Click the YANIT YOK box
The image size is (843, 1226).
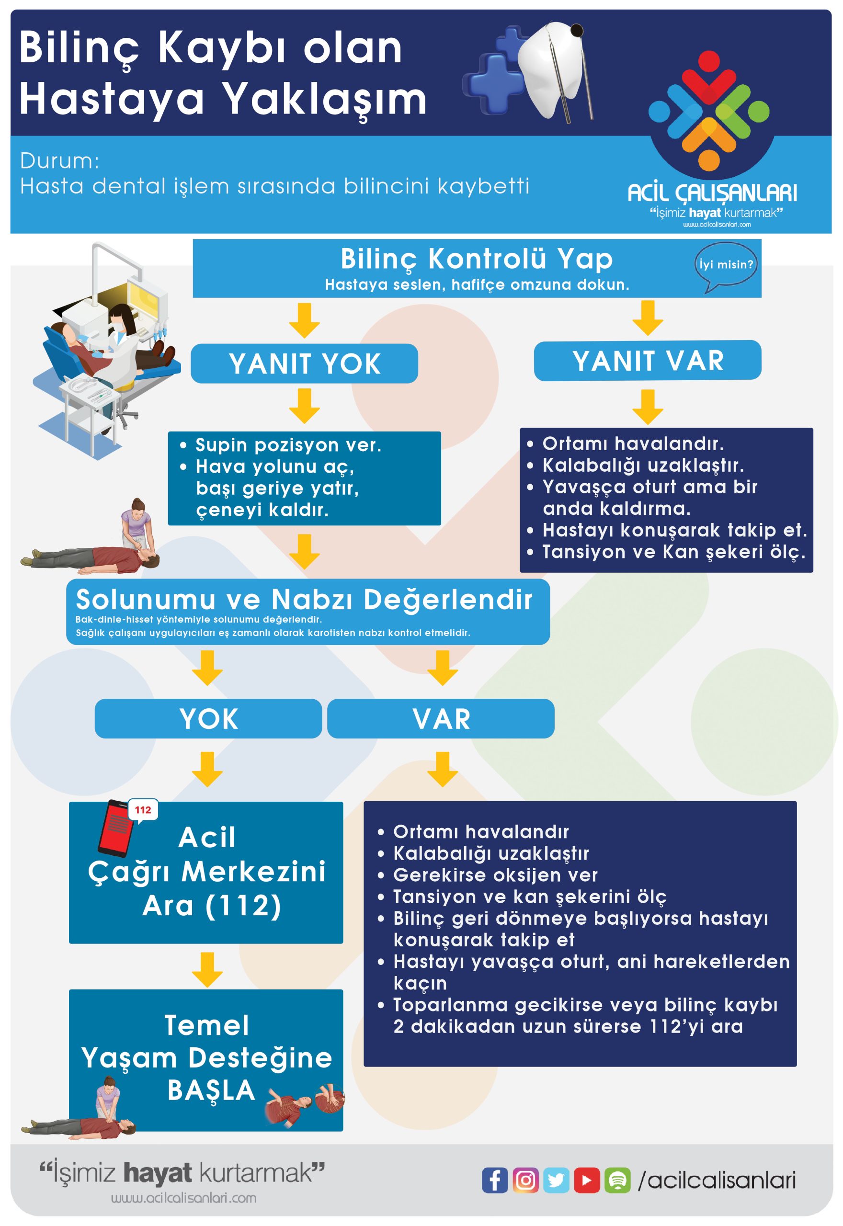click(304, 364)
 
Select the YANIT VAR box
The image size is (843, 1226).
click(648, 361)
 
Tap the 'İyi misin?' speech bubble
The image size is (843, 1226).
click(726, 265)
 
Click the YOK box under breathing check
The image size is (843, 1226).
click(208, 718)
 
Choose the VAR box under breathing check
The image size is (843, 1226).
click(441, 718)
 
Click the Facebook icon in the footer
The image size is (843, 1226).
click(494, 1180)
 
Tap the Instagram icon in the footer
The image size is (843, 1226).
click(525, 1180)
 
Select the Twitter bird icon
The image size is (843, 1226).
click(556, 1180)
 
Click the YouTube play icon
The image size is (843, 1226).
click(586, 1180)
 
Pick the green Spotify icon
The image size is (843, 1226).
click(617, 1180)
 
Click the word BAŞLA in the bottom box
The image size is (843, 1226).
click(211, 1090)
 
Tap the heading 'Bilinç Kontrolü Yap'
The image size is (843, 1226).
click(477, 259)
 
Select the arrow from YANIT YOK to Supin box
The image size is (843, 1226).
click(304, 407)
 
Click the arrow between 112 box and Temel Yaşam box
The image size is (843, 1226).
click(207, 969)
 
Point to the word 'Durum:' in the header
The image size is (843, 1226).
click(60, 161)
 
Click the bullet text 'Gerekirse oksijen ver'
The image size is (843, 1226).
click(495, 875)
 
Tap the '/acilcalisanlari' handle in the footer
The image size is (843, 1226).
click(716, 1180)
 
